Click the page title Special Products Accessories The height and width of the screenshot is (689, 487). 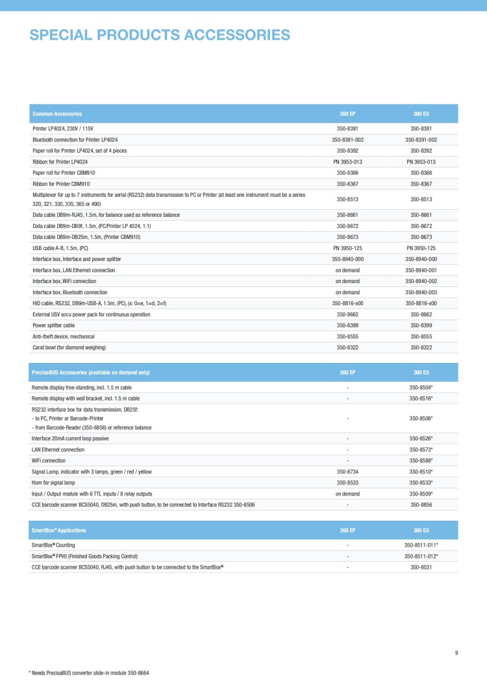coord(160,35)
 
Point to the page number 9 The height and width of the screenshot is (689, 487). coord(456,653)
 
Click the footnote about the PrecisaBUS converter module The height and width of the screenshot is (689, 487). coord(89,673)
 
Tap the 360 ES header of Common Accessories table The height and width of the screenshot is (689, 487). coord(421,114)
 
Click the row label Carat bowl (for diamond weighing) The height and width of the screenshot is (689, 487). coord(69,347)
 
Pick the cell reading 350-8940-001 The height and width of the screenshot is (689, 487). coord(421,270)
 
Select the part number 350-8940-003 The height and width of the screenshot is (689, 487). coord(421,292)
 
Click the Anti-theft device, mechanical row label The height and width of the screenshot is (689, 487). coord(64,336)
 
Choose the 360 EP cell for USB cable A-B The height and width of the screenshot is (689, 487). coord(347,248)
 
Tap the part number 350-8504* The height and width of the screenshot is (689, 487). coord(421,387)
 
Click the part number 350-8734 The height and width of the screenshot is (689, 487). coord(347,471)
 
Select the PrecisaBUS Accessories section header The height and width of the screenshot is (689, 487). coord(91,372)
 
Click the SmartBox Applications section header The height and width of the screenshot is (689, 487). coord(59,531)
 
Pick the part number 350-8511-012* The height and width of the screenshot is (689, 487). coord(421,556)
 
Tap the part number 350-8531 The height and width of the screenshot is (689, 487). coord(421,567)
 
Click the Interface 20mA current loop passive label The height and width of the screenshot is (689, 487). coord(70,438)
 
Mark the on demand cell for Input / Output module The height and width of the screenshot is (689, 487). coord(347,494)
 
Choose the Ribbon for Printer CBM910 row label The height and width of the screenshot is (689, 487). coord(66,184)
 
